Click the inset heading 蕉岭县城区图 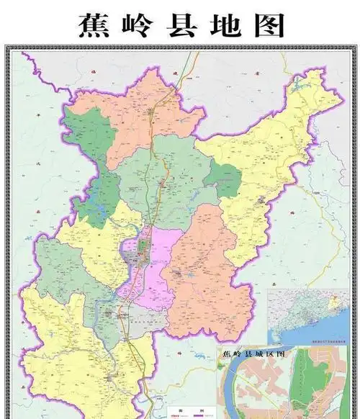click(x=256, y=353)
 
